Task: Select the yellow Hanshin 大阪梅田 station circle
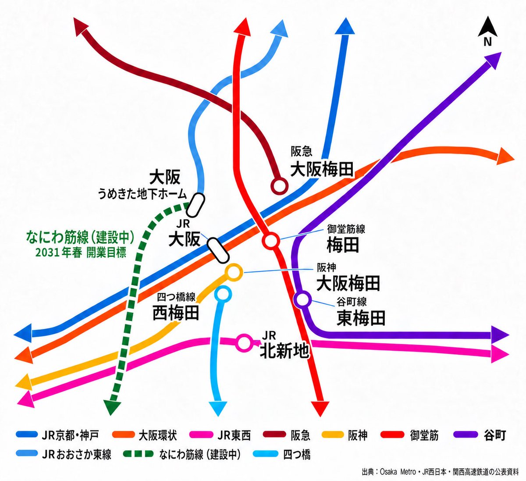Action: (x=233, y=273)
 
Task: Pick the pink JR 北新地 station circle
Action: (x=244, y=342)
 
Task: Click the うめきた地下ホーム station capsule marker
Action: (x=195, y=205)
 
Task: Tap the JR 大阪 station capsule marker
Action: (x=218, y=250)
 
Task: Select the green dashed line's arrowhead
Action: (x=112, y=407)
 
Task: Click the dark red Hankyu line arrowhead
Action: (x=81, y=26)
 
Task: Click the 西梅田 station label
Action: (x=175, y=313)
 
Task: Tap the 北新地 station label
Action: (x=284, y=351)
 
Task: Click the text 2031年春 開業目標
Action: (x=81, y=253)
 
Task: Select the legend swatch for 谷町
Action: (x=466, y=435)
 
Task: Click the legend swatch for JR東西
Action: (x=201, y=435)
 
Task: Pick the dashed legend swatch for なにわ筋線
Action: (x=138, y=454)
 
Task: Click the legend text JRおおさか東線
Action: (x=77, y=455)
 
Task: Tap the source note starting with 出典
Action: (x=440, y=472)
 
